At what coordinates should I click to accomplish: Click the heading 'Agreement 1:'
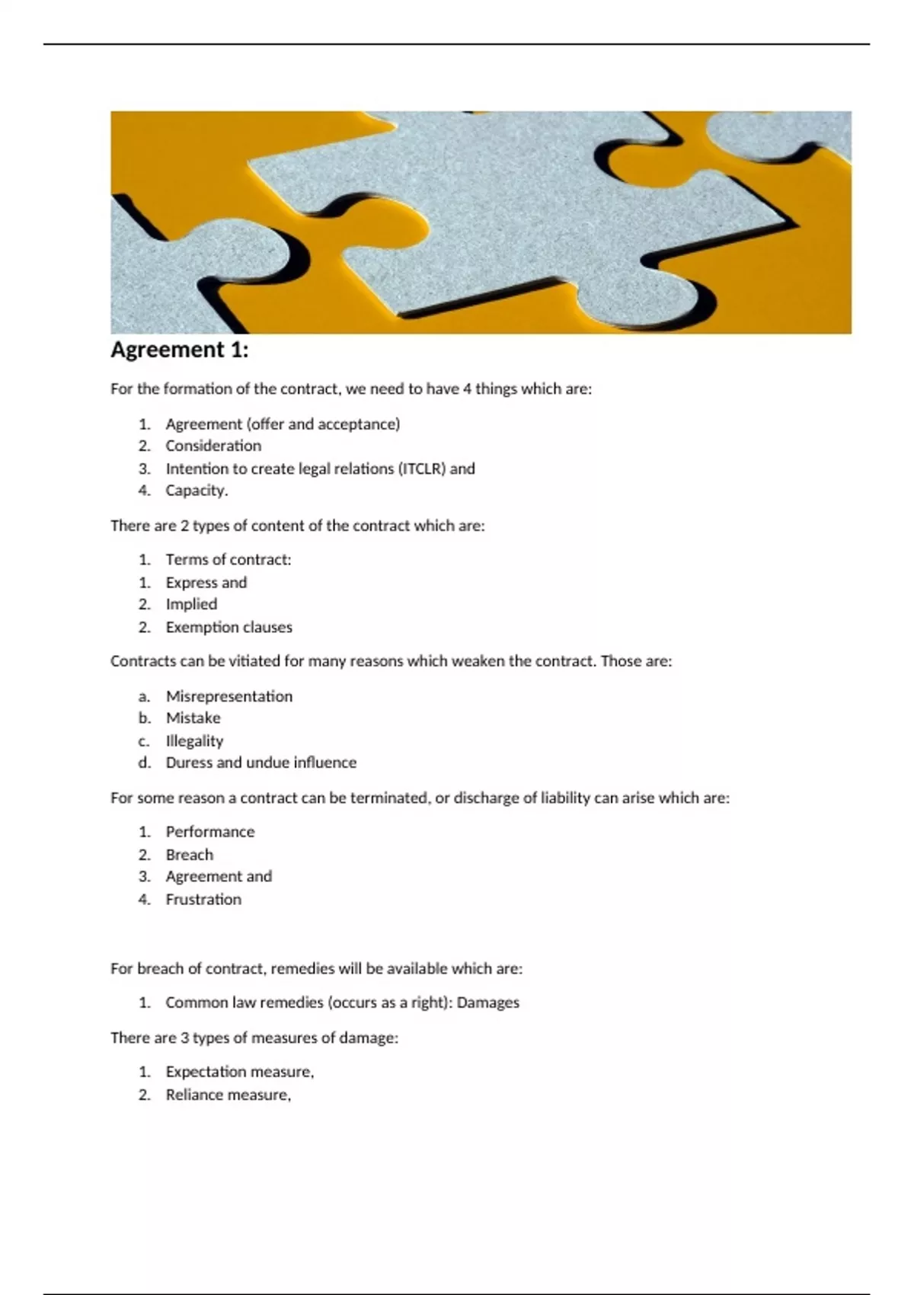click(180, 350)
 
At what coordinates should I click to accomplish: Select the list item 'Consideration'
click(213, 446)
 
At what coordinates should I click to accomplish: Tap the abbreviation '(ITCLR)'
click(422, 468)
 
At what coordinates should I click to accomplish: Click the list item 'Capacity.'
click(197, 491)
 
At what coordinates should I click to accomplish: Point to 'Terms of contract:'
click(228, 560)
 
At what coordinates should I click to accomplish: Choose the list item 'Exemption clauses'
click(228, 628)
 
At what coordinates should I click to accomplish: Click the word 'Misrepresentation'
click(228, 696)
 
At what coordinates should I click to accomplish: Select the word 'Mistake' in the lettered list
click(193, 718)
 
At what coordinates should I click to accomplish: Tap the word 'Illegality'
click(194, 740)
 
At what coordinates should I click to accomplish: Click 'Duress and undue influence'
click(260, 763)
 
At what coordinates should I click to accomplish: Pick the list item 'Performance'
click(210, 832)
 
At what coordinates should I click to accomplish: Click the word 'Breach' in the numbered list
click(189, 855)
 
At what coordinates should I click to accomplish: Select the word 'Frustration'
click(203, 900)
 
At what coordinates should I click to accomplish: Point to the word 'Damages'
click(487, 1002)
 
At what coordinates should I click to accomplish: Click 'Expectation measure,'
click(239, 1072)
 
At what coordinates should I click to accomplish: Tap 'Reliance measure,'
click(228, 1095)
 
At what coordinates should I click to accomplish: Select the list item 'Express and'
click(206, 583)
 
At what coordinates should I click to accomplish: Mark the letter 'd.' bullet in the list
click(144, 763)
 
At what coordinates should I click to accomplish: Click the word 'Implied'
click(191, 604)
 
